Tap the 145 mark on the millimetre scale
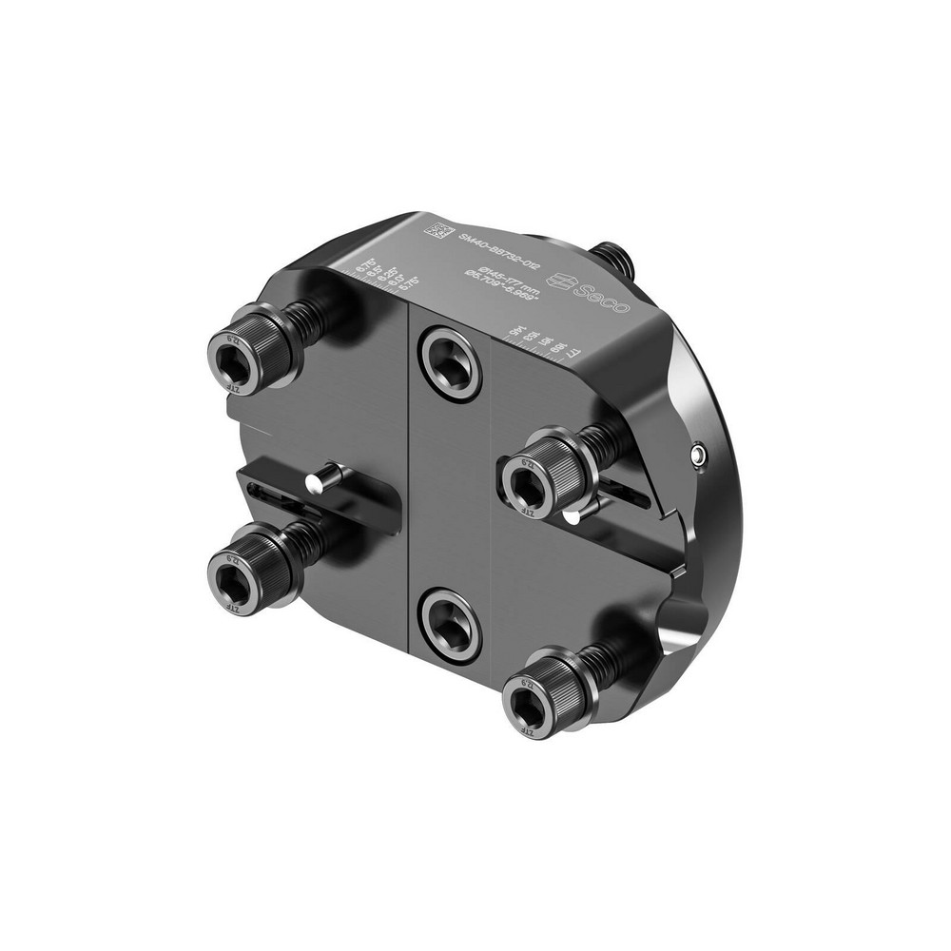click(x=514, y=331)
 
